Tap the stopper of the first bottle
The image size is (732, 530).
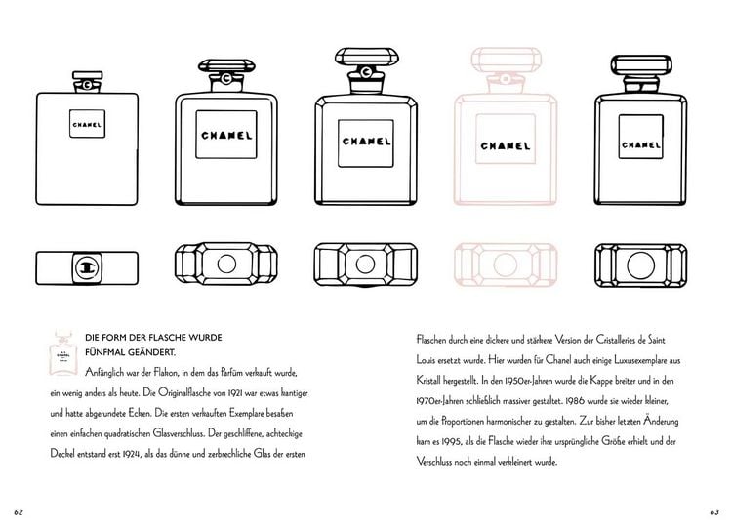click(x=87, y=82)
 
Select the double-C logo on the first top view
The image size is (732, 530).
click(x=87, y=268)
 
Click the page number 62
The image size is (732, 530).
click(x=19, y=512)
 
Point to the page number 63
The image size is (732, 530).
click(x=714, y=512)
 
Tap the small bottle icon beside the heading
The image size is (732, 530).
click(x=63, y=352)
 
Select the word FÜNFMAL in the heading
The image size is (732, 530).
click(x=104, y=352)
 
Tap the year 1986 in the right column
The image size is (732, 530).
click(x=575, y=401)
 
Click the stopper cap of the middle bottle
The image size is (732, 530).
click(x=367, y=57)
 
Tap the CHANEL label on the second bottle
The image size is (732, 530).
click(x=226, y=135)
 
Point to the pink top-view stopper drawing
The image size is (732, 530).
click(x=506, y=265)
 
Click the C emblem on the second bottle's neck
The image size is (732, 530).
click(x=226, y=78)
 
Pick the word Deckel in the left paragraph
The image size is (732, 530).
click(x=61, y=454)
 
